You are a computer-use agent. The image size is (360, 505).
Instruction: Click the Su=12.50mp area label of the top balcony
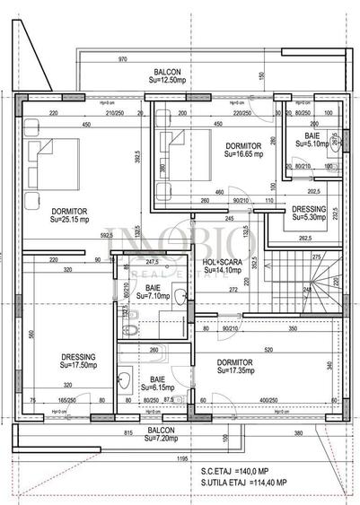[x=168, y=81]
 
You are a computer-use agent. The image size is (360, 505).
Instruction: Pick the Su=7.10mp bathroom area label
[x=159, y=294]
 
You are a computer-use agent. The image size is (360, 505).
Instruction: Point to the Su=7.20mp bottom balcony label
[x=161, y=440]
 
